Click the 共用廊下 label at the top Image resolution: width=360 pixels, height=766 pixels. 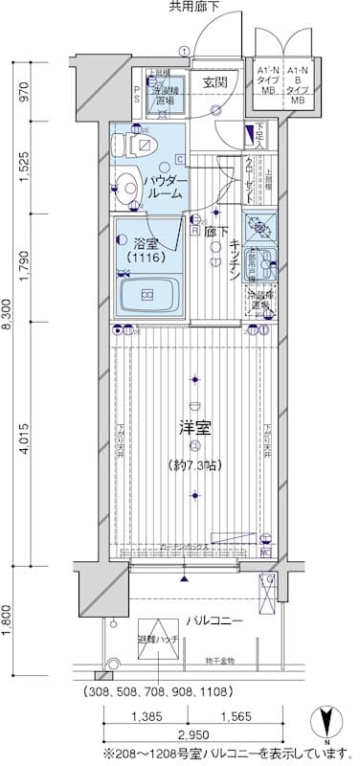pos(194,9)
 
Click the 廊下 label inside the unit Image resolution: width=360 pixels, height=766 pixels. pos(216,230)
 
